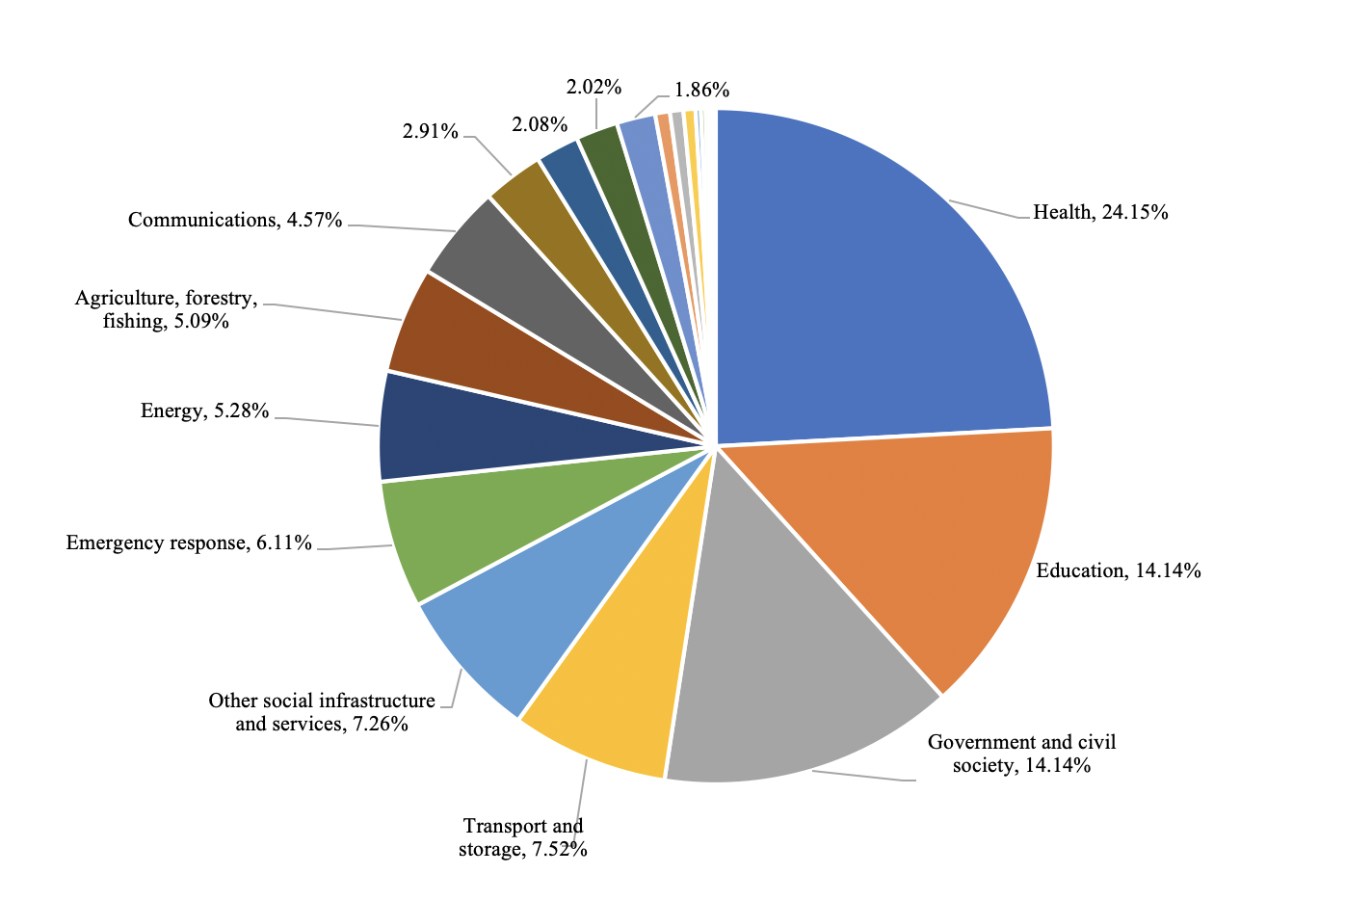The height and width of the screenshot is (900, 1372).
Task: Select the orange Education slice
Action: pyautogui.click(x=919, y=540)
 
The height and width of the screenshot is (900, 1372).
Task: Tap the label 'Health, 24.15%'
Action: pyautogui.click(x=1100, y=212)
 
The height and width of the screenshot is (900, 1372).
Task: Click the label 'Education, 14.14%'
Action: pyautogui.click(x=1119, y=570)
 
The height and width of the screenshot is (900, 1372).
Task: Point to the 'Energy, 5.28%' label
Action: pyautogui.click(x=204, y=410)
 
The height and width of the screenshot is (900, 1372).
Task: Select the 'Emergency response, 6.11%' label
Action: pyautogui.click(x=189, y=543)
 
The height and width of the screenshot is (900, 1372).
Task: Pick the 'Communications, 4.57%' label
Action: pyautogui.click(x=235, y=220)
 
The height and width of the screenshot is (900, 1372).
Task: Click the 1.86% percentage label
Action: pyautogui.click(x=702, y=90)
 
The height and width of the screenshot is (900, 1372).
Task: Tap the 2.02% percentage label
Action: pyautogui.click(x=594, y=87)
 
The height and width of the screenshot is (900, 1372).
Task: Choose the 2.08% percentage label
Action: pyautogui.click(x=540, y=124)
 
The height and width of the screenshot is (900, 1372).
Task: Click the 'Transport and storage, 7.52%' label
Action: pyautogui.click(x=523, y=837)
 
